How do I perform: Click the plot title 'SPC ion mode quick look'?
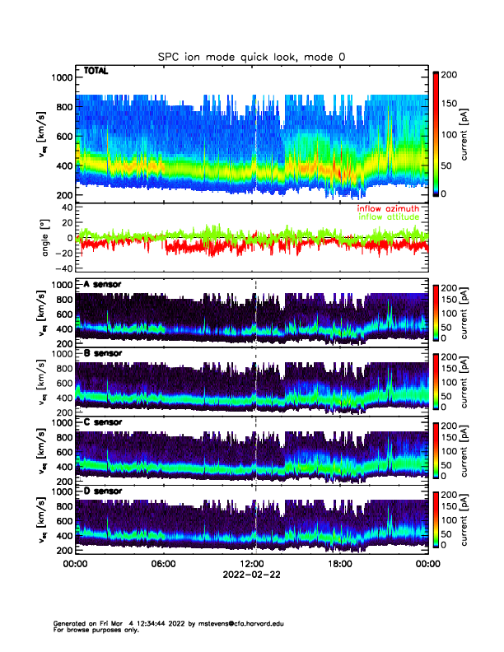[235, 57]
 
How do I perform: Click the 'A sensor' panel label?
[102, 285]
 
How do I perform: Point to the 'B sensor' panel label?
[102, 354]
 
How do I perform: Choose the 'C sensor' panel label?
[102, 422]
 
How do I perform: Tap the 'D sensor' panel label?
[102, 491]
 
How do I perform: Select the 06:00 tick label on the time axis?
[163, 564]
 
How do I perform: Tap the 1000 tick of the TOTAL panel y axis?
[62, 77]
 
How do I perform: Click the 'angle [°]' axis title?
[46, 237]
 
